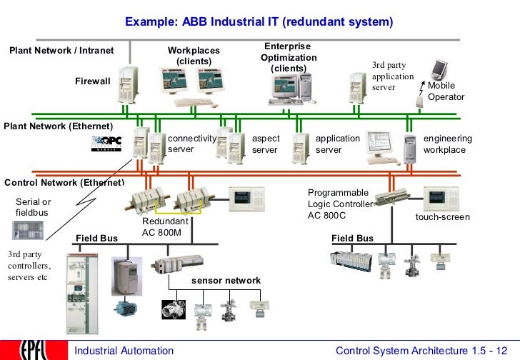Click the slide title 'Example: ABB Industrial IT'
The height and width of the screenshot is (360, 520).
(259, 22)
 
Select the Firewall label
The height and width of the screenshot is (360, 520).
(93, 81)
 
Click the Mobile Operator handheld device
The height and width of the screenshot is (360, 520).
(438, 70)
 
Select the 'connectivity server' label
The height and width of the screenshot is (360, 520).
(191, 144)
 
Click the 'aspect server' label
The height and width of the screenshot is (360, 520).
(266, 144)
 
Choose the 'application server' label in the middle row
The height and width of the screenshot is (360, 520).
(338, 144)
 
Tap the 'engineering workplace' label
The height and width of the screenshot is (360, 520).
(447, 144)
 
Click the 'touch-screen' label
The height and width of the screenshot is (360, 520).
(443, 216)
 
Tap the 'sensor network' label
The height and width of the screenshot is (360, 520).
(226, 281)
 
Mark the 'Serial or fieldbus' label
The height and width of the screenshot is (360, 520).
(34, 207)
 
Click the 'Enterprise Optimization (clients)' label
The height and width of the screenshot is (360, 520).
(289, 57)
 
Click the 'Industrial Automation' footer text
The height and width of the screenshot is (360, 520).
(124, 351)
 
